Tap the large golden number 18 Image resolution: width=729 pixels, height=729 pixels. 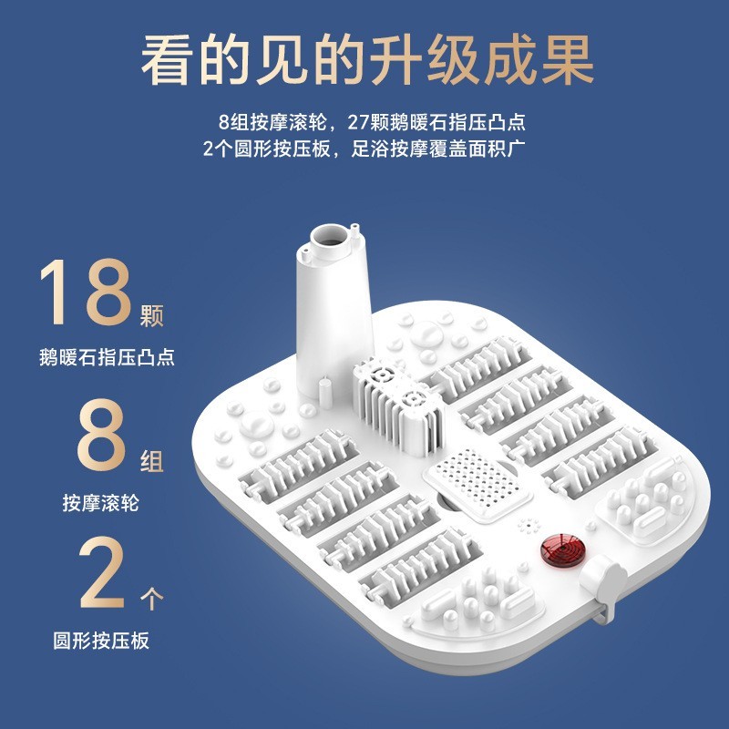pyautogui.click(x=89, y=293)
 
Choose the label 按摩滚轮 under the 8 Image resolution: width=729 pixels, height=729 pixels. pyautogui.click(x=101, y=501)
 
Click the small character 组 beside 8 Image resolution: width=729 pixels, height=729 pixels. pyautogui.click(x=152, y=462)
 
